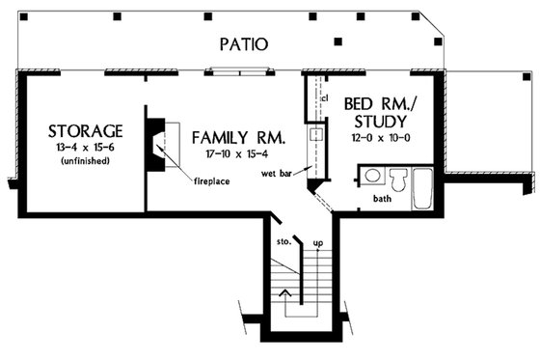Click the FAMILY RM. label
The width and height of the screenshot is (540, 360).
(235, 137)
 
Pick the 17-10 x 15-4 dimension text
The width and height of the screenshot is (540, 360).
(235, 153)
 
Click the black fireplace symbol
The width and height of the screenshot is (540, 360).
(154, 145)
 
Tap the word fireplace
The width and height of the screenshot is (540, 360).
(209, 181)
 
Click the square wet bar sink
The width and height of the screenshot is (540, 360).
(314, 136)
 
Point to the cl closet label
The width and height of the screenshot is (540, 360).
(325, 97)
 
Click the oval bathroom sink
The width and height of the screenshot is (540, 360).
(371, 177)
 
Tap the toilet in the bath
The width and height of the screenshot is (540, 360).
(396, 178)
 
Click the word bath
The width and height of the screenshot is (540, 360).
(383, 200)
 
